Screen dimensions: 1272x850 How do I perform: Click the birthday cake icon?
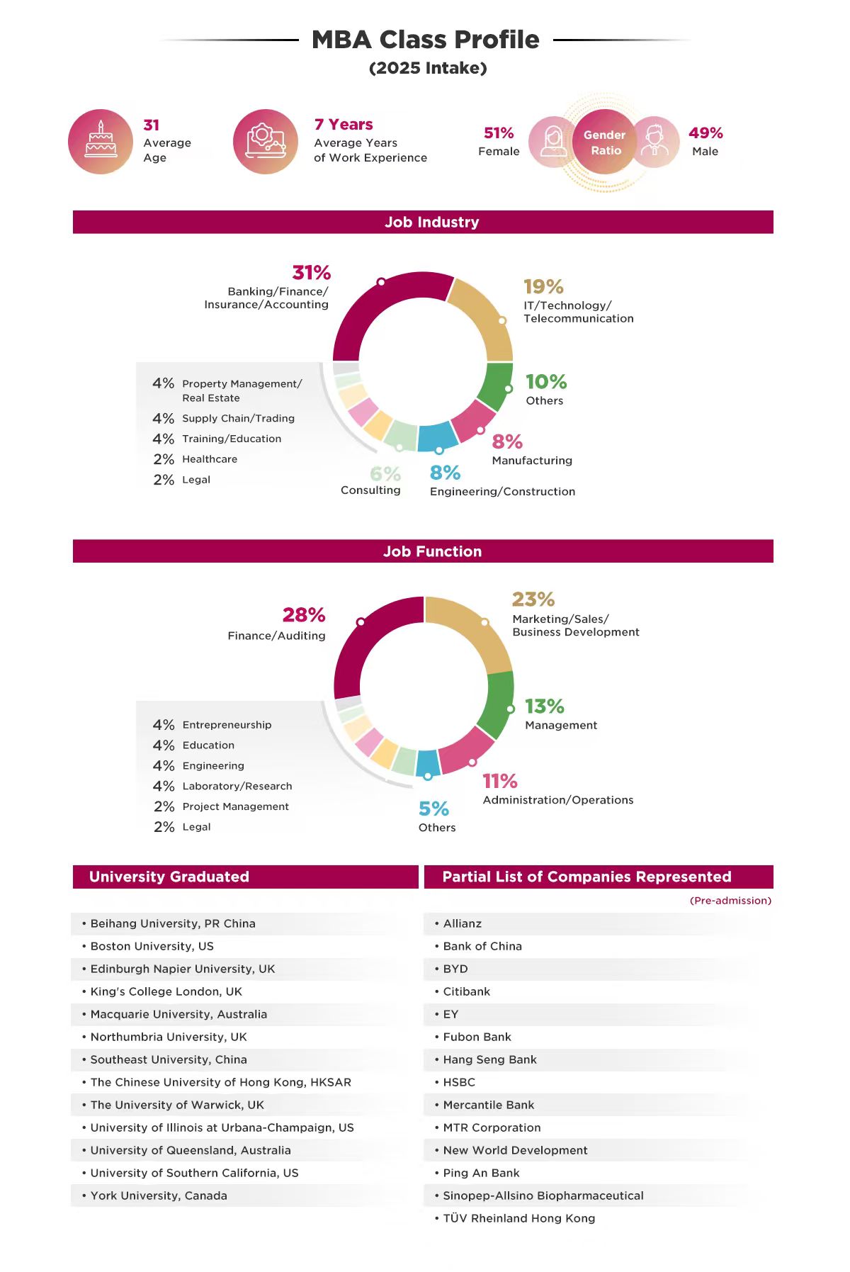point(101,141)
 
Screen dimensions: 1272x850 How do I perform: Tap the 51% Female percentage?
point(499,133)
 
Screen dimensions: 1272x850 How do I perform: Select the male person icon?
point(655,142)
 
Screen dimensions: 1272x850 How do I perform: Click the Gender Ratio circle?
point(605,142)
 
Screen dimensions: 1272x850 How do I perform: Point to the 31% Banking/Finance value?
point(312,273)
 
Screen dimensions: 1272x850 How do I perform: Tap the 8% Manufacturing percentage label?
point(507,442)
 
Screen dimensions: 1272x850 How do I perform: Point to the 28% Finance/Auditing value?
point(304,614)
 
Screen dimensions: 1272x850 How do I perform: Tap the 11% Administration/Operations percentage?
point(500,782)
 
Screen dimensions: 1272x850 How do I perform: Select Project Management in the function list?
point(235,806)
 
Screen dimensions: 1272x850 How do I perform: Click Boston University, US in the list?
point(152,946)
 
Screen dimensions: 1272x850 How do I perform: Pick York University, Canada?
point(159,1195)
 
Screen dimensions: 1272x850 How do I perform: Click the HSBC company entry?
point(459,1082)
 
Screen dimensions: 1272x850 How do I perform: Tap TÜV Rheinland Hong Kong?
point(518,1218)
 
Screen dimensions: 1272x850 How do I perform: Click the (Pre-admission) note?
point(730,901)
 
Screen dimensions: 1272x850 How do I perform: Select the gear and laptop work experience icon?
point(266,141)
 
